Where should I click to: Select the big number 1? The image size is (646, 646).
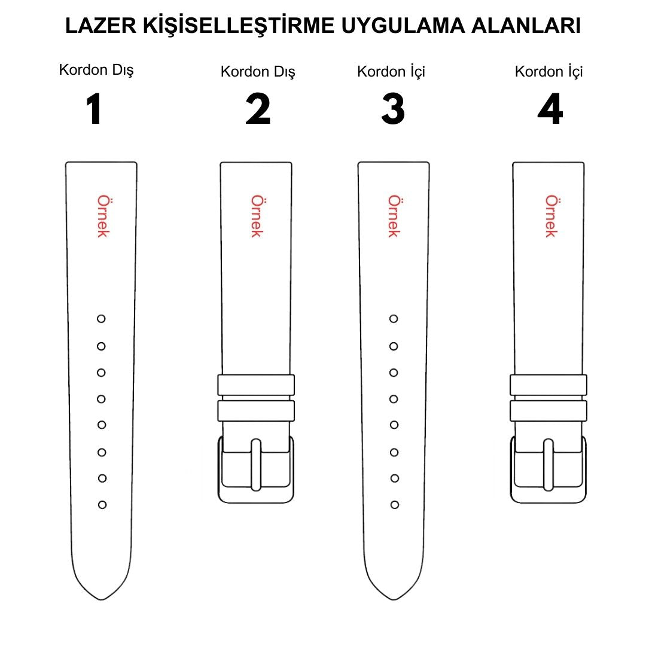pyautogui.click(x=94, y=109)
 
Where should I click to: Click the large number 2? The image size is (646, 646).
pyautogui.click(x=258, y=109)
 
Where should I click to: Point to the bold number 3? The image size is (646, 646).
pyautogui.click(x=393, y=109)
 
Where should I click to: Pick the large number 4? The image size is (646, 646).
pyautogui.click(x=550, y=109)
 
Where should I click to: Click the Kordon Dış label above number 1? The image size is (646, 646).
pyautogui.click(x=96, y=70)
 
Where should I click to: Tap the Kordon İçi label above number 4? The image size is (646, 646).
pyautogui.click(x=549, y=72)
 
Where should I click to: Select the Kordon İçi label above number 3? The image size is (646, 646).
pyautogui.click(x=391, y=72)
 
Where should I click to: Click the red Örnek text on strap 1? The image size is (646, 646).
pyautogui.click(x=102, y=216)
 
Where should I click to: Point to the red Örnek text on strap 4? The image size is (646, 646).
pyautogui.click(x=550, y=216)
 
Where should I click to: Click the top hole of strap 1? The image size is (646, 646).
pyautogui.click(x=101, y=319)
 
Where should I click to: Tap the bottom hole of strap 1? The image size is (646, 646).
pyautogui.click(x=102, y=505)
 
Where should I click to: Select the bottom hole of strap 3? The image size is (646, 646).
pyautogui.click(x=395, y=505)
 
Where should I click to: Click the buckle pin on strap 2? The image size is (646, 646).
pyautogui.click(x=256, y=464)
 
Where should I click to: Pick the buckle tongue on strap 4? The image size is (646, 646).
pyautogui.click(x=548, y=464)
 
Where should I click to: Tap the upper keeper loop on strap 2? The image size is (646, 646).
pyautogui.click(x=256, y=385)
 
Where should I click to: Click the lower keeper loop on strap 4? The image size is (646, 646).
pyautogui.click(x=548, y=410)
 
